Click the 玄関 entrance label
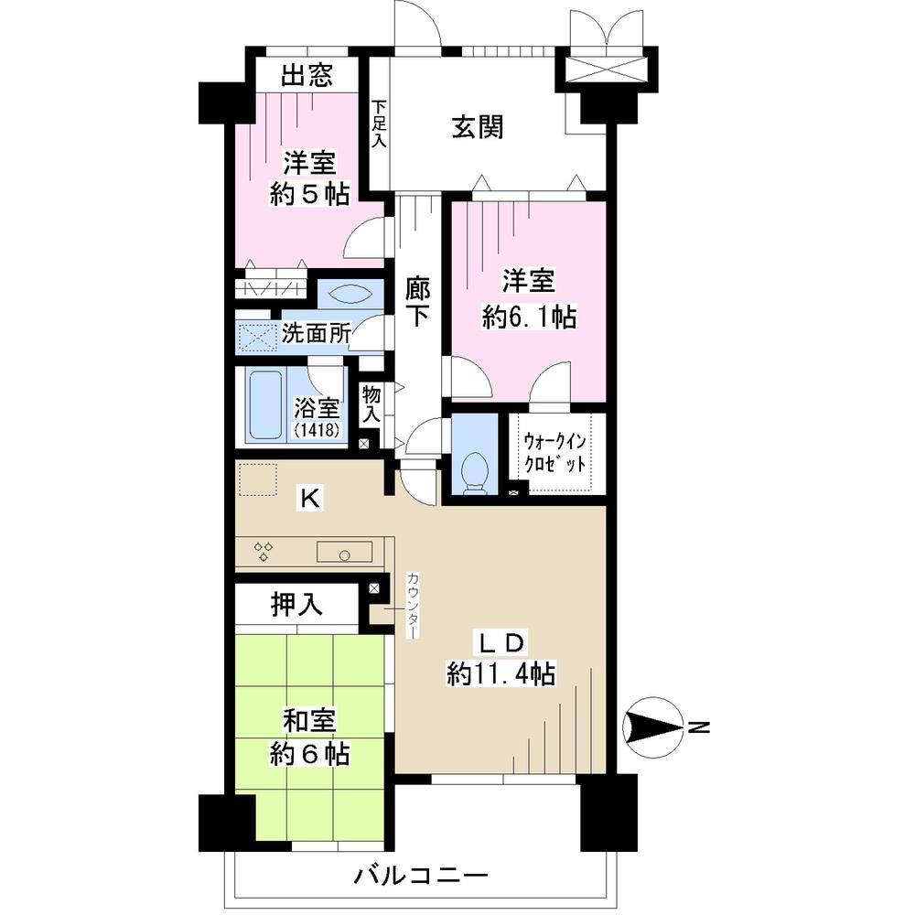(477, 127)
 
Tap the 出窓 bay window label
(307, 75)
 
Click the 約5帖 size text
(309, 194)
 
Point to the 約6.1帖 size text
(529, 317)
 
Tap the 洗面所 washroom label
(315, 334)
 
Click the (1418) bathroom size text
(317, 430)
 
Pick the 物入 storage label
(371, 404)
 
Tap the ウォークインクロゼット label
(558, 452)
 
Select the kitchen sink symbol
(344, 553)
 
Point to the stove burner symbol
(264, 551)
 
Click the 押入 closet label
(294, 604)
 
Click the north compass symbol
(652, 728)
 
